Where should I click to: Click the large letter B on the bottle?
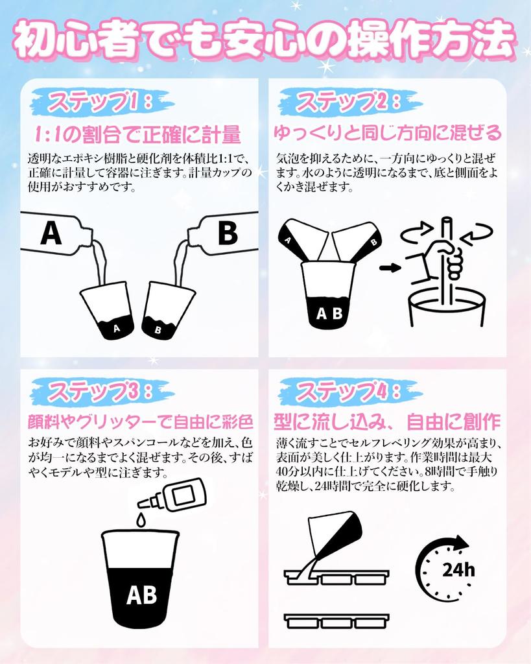[227, 233]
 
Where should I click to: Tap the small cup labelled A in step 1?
[110, 310]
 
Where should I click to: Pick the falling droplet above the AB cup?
[140, 520]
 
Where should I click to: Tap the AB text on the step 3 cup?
[141, 594]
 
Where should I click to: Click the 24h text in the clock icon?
[458, 570]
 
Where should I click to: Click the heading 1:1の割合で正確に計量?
[137, 134]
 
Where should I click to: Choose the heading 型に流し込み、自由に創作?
[387, 422]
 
